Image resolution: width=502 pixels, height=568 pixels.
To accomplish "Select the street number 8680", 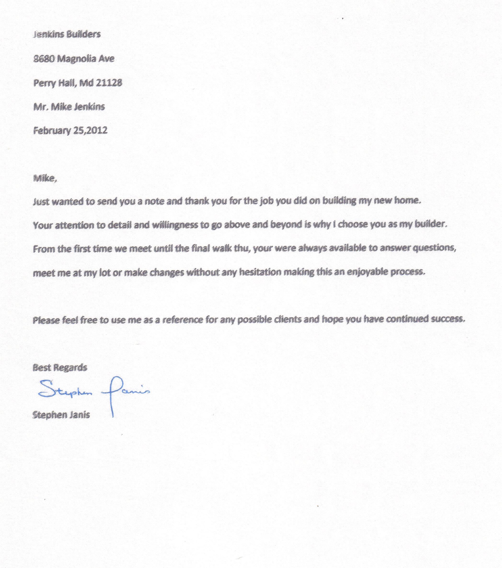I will pos(44,59).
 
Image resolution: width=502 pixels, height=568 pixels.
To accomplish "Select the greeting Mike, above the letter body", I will pos(45,178).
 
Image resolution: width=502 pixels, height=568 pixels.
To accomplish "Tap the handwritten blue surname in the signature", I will pos(125,392).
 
